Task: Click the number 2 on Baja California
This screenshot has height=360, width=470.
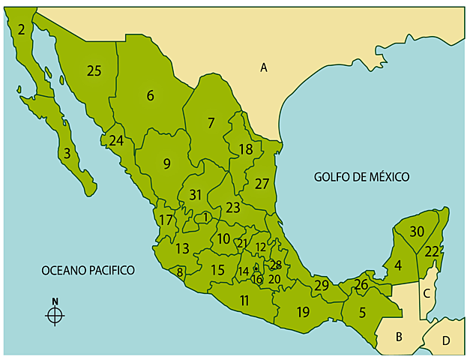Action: click(22, 30)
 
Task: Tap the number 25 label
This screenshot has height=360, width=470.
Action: click(94, 71)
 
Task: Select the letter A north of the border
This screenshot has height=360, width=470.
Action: click(264, 67)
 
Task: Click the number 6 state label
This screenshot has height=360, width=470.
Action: click(150, 95)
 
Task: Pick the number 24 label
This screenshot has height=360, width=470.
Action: click(115, 140)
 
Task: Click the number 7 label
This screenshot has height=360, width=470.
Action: click(211, 122)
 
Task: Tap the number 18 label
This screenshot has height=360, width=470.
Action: click(245, 149)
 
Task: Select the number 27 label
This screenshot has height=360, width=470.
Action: click(261, 184)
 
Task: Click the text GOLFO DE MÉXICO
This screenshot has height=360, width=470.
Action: click(361, 177)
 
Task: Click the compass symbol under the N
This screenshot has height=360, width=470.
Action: click(55, 316)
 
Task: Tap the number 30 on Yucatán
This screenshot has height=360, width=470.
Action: click(417, 232)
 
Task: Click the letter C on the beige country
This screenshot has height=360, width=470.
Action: click(427, 293)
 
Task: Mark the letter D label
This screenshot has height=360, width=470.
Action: click(446, 341)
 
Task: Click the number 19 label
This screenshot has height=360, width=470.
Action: click(303, 312)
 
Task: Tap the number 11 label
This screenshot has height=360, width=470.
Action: click(244, 301)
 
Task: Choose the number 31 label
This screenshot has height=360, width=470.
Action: click(195, 195)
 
